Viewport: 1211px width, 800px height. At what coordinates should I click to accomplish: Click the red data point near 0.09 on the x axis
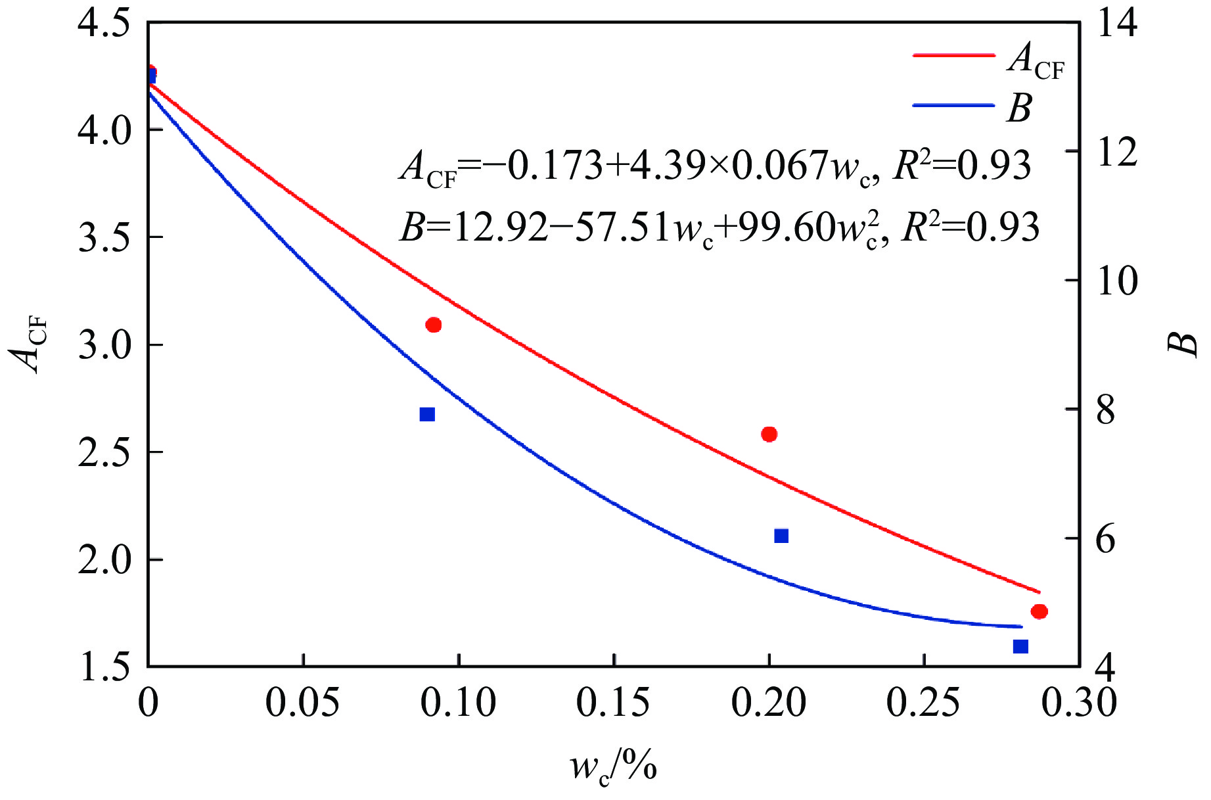[433, 325]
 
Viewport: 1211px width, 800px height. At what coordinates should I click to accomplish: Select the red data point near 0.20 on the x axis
[769, 434]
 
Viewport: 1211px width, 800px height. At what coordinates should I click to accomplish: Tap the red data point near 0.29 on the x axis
[1039, 611]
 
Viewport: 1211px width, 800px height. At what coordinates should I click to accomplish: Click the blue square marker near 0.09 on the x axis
[427, 414]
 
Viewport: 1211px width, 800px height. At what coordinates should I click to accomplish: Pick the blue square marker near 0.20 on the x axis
[781, 536]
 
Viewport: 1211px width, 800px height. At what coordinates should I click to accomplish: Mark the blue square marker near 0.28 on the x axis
[1020, 646]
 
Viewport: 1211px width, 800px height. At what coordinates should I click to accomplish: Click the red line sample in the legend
[953, 56]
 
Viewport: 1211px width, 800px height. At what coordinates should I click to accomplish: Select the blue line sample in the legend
[953, 105]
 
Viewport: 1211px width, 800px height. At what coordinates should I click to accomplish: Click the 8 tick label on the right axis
[1106, 410]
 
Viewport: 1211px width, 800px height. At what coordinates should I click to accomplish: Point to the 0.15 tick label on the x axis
[613, 703]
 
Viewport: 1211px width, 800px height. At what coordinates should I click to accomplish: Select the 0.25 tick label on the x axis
[923, 703]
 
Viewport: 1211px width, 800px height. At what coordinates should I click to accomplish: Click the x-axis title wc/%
[613, 766]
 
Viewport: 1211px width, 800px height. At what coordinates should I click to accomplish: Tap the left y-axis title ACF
[30, 344]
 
